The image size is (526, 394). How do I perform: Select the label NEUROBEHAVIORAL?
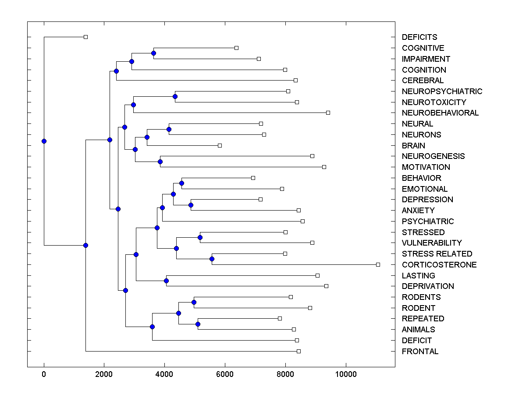point(440,113)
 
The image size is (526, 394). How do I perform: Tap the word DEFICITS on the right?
point(419,37)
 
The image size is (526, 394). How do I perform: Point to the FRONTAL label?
point(420,352)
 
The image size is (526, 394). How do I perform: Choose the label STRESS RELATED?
point(437,254)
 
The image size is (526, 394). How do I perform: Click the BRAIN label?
point(413,146)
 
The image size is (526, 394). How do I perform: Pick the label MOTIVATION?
point(426,167)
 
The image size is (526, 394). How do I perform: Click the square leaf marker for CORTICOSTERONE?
point(378,264)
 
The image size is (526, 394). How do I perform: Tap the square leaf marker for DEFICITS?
point(85,37)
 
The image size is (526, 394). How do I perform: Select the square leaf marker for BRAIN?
point(220,145)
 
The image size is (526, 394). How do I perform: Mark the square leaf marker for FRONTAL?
point(299,351)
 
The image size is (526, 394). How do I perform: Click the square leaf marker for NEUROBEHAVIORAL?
point(328,113)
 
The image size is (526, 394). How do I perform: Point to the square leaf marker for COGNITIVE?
point(236,48)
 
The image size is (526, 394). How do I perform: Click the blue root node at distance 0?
point(44,141)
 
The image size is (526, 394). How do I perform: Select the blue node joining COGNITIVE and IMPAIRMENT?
point(153,53)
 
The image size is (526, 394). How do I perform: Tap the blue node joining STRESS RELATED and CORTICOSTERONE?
point(212,259)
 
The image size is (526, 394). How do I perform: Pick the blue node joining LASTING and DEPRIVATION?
point(166,281)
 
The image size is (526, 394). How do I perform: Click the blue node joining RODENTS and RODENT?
point(194,302)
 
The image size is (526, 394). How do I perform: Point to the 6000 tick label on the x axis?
point(225,374)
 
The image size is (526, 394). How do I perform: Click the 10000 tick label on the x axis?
point(345,374)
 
